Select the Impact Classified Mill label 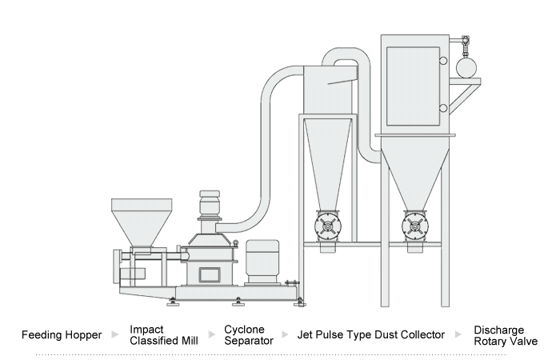[x=163, y=334]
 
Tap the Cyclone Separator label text [x=248, y=334]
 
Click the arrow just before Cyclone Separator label [x=212, y=335]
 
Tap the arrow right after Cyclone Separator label [x=286, y=335]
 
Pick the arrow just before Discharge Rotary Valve [x=459, y=335]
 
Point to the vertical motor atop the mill [x=209, y=206]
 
